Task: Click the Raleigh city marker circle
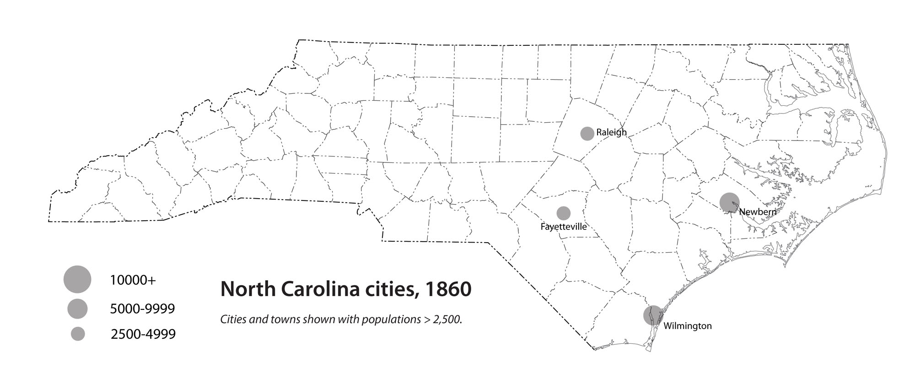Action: (x=587, y=134)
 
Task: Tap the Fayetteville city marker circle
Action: (x=563, y=213)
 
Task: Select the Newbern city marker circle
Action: (x=729, y=202)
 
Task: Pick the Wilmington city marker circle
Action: (x=653, y=315)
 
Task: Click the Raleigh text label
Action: (x=611, y=133)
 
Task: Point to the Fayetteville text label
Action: (x=563, y=227)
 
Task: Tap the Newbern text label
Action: (x=758, y=212)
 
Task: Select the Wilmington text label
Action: (x=687, y=326)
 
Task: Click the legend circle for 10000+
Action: (x=77, y=279)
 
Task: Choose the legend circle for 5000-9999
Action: (x=77, y=308)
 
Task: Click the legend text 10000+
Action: (x=133, y=280)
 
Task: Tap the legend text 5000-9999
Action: (x=142, y=309)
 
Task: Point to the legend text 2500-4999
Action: (x=143, y=334)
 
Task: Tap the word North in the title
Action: (x=247, y=289)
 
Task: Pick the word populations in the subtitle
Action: (x=391, y=319)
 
